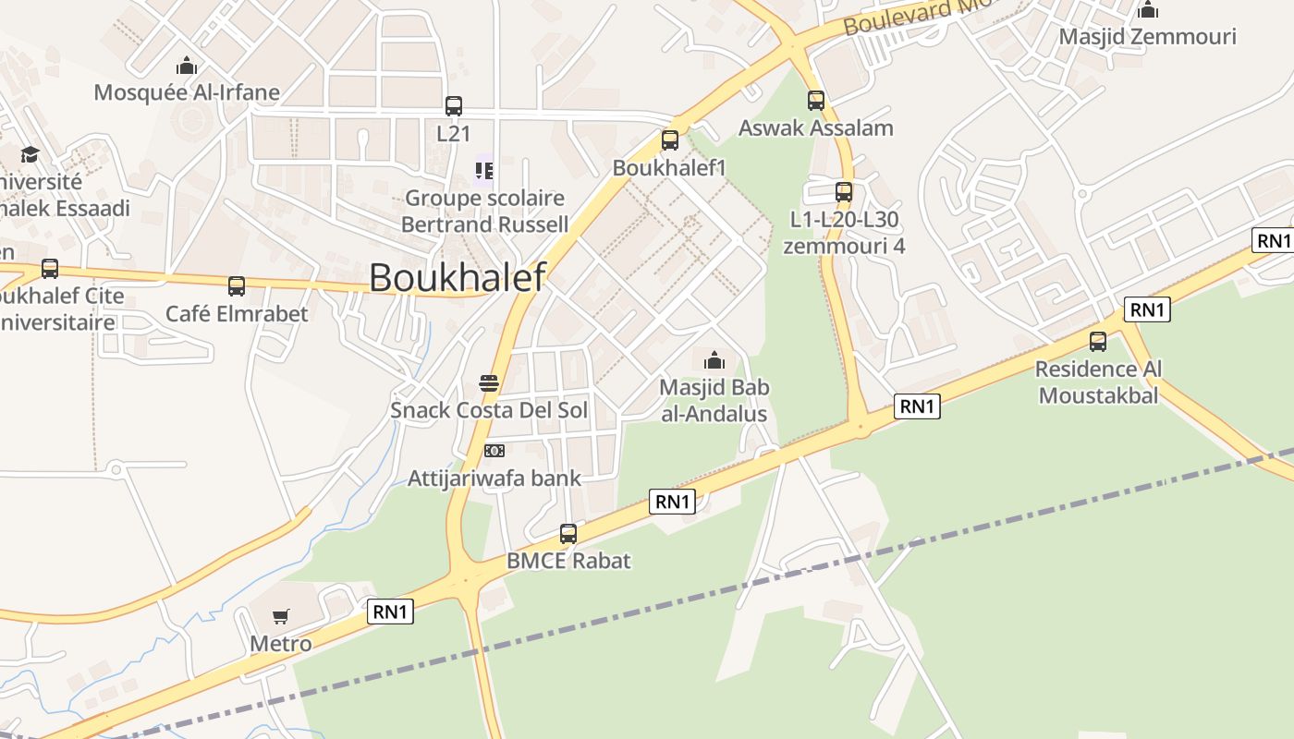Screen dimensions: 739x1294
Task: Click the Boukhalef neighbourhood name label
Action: click(x=458, y=277)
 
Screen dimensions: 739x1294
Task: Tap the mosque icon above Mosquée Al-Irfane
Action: click(x=187, y=66)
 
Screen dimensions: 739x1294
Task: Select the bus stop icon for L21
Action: click(x=453, y=106)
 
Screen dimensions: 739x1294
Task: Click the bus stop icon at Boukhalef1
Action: click(x=670, y=140)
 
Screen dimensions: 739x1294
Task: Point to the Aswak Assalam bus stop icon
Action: click(x=815, y=101)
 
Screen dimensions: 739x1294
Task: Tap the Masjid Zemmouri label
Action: click(x=1147, y=37)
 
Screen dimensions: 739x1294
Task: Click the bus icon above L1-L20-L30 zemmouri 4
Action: click(x=843, y=192)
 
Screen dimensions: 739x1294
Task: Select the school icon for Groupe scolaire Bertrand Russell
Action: click(x=484, y=171)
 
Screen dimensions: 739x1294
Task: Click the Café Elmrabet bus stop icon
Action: click(x=237, y=286)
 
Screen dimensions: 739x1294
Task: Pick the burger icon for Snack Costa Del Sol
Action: click(x=489, y=383)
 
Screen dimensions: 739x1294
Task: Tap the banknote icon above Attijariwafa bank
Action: click(x=494, y=451)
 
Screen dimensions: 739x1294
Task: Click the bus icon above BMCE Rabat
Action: click(x=568, y=534)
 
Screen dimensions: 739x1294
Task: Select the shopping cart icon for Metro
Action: click(x=281, y=616)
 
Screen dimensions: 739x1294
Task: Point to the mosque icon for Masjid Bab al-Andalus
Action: click(x=714, y=360)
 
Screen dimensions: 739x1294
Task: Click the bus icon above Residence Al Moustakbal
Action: click(x=1098, y=342)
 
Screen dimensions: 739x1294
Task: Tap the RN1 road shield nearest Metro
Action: click(x=390, y=612)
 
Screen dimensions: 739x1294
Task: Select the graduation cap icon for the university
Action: click(x=31, y=154)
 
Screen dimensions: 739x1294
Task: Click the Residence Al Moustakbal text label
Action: click(x=1098, y=382)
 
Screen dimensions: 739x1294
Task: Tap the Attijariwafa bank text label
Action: click(x=494, y=479)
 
